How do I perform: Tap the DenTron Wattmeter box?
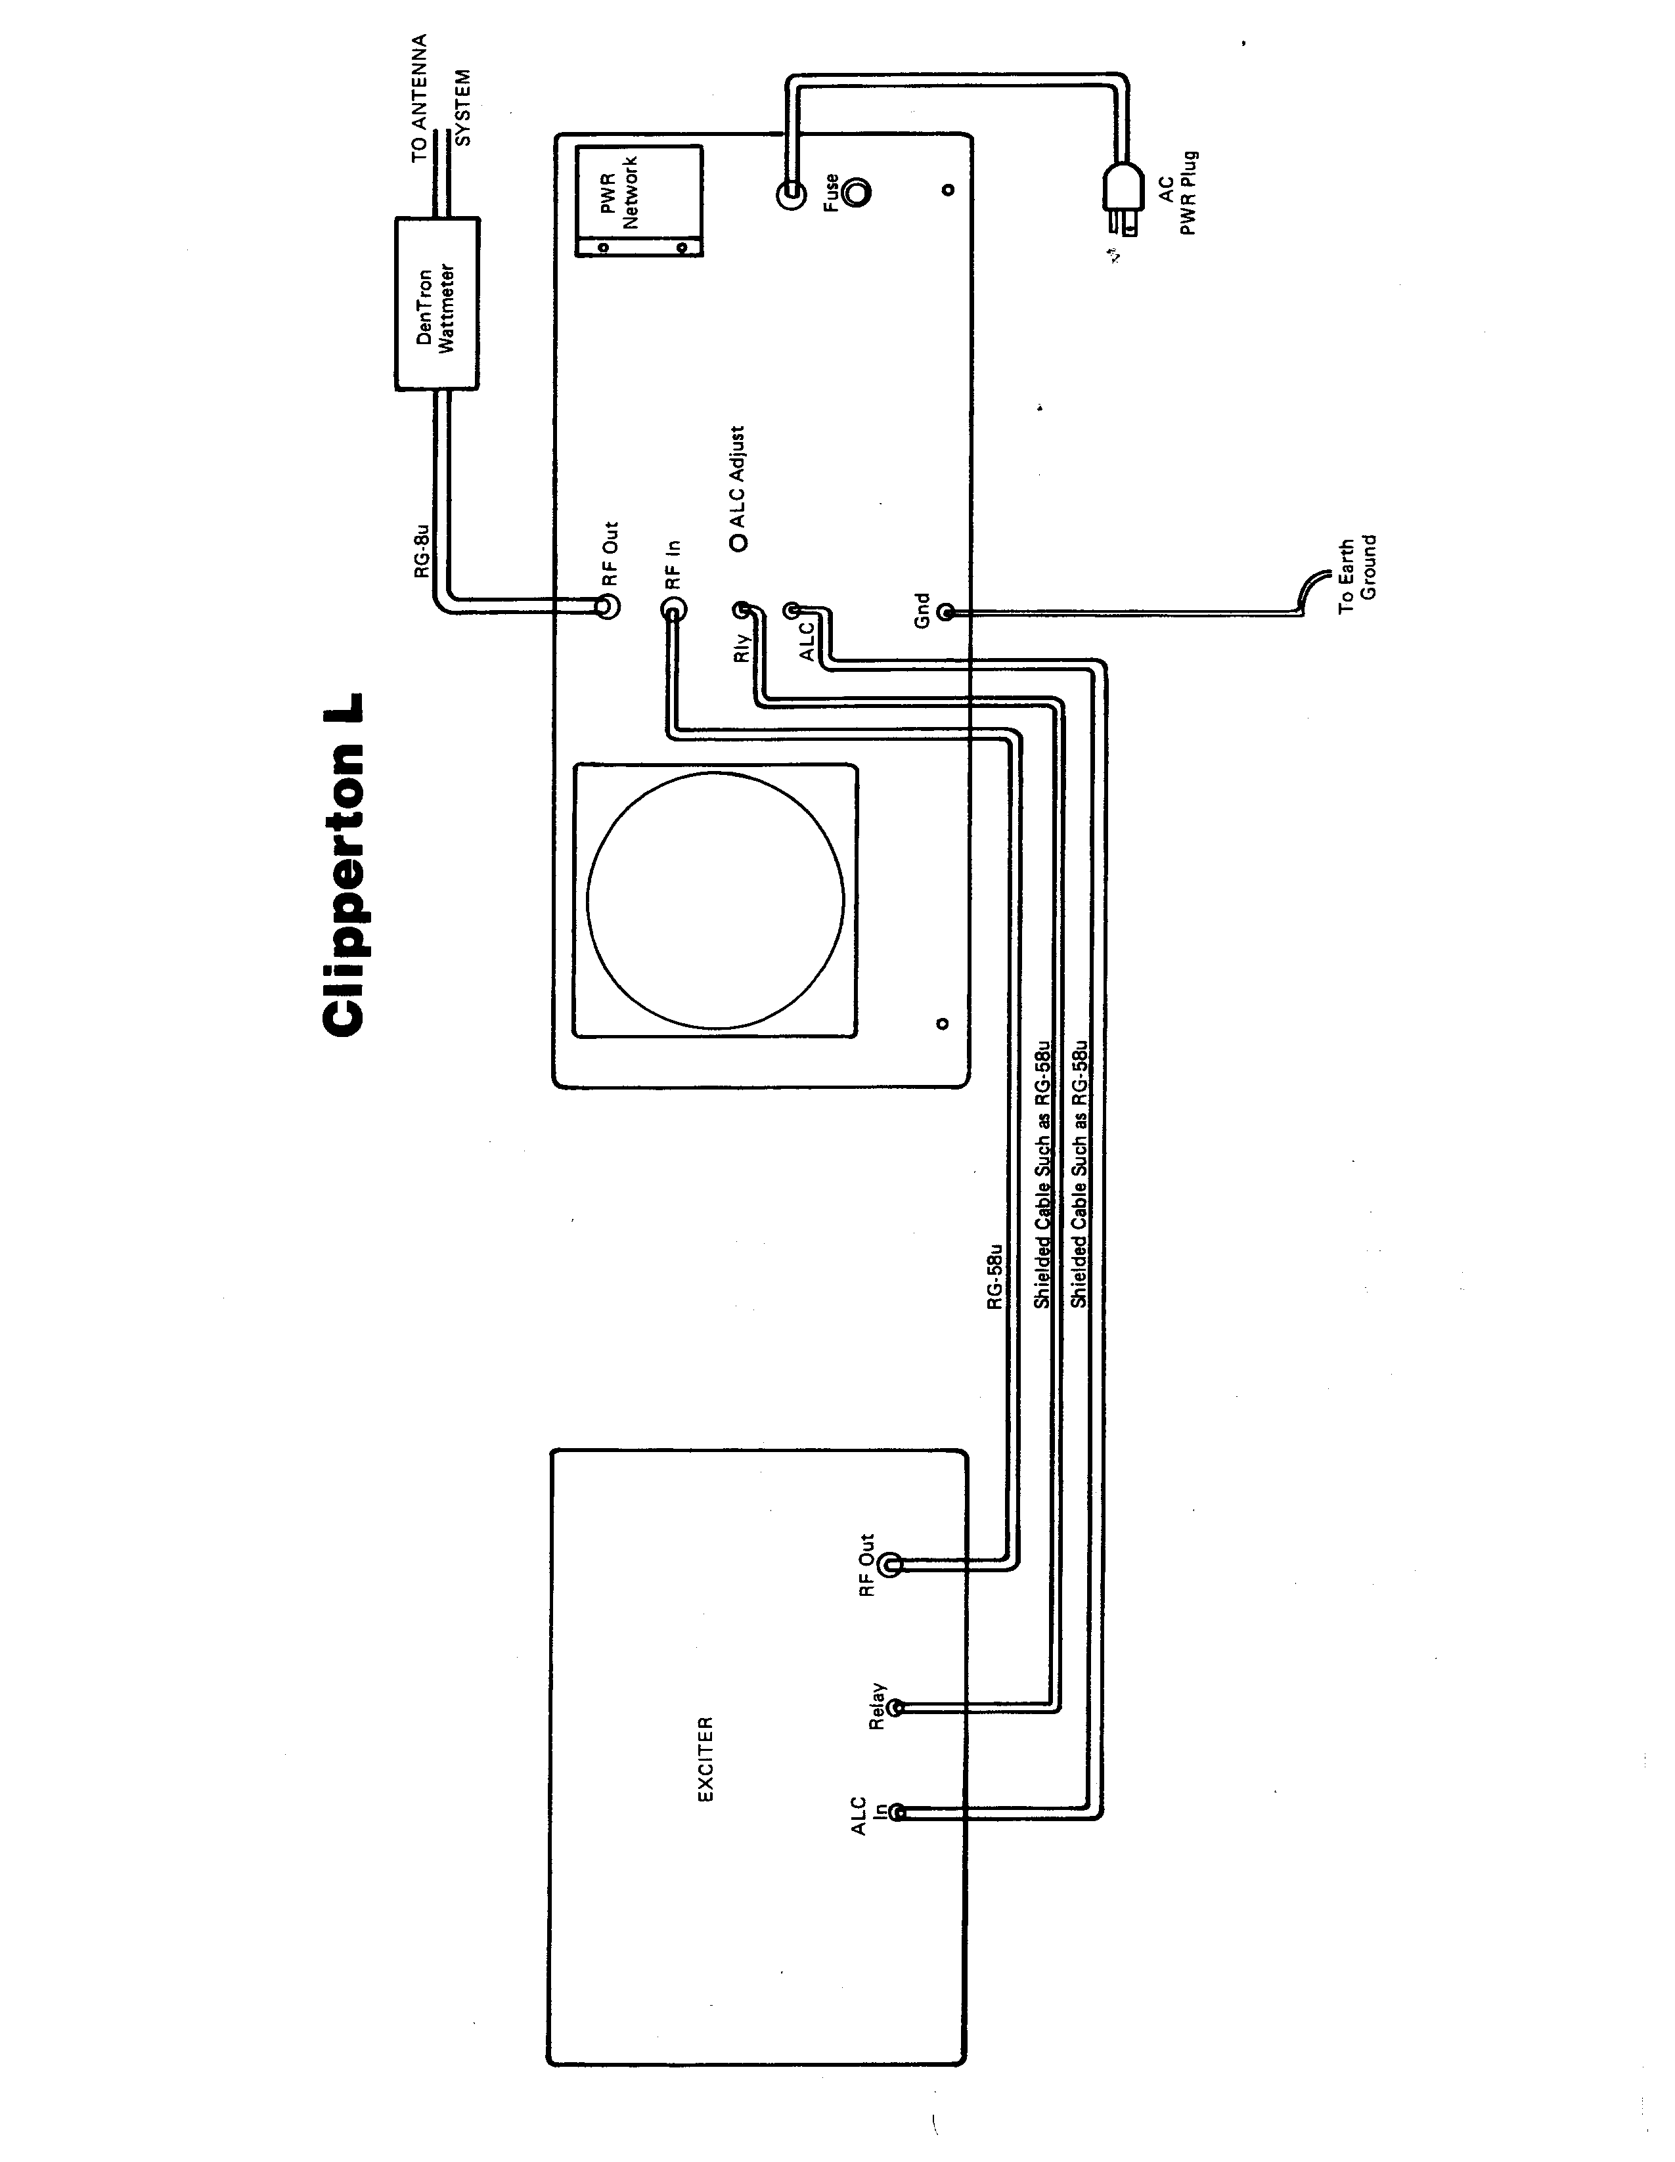(x=437, y=304)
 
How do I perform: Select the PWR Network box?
(x=638, y=201)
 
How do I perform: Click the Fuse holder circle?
(x=857, y=191)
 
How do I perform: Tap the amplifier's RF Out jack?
(x=610, y=605)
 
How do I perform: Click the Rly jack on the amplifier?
(x=742, y=611)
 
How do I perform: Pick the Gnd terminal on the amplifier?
(x=945, y=613)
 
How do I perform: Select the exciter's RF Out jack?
(x=890, y=1564)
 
